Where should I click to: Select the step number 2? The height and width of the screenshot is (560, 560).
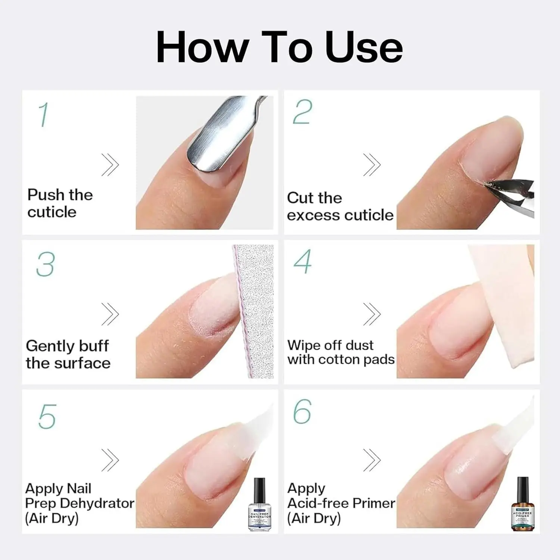[302, 112]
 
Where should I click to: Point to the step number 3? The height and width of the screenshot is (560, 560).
[46, 264]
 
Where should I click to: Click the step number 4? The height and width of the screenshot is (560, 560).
[302, 262]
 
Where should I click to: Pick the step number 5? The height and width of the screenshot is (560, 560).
[47, 416]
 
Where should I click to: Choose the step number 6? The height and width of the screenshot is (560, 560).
[302, 411]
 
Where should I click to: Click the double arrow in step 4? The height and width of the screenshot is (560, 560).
[372, 314]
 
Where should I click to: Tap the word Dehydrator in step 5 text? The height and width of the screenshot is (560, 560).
[97, 503]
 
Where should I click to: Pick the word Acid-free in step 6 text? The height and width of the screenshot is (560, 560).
[318, 503]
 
